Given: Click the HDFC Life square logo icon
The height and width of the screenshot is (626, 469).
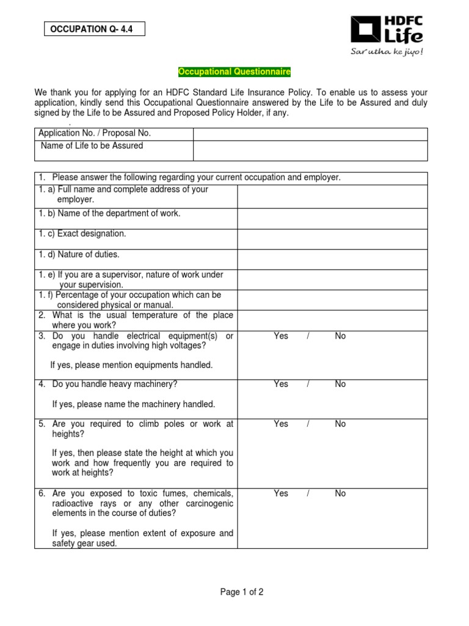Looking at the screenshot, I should pyautogui.click(x=365, y=31).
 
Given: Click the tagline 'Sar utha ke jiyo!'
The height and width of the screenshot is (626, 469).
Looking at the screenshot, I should pyautogui.click(x=386, y=51).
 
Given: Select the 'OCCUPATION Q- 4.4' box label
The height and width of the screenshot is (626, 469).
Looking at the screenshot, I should pyautogui.click(x=94, y=28).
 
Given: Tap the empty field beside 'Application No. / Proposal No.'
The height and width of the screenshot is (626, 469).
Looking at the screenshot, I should pyautogui.click(x=310, y=134).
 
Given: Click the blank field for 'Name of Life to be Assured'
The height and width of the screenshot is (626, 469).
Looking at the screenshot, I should pyautogui.click(x=310, y=150).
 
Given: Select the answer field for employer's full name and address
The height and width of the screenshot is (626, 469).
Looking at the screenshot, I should pyautogui.click(x=332, y=196).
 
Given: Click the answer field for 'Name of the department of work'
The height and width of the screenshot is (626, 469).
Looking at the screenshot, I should pyautogui.click(x=332, y=218).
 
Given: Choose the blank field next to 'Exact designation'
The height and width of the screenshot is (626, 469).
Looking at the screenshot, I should pyautogui.click(x=332, y=239).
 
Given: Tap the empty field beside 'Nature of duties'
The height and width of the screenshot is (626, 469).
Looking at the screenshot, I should pyautogui.click(x=332, y=259).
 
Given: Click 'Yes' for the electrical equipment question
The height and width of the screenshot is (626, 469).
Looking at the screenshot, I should pyautogui.click(x=281, y=336).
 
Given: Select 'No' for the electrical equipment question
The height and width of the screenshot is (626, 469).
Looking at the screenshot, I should pyautogui.click(x=340, y=336).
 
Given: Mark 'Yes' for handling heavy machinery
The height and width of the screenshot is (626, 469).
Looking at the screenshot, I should pyautogui.click(x=281, y=384).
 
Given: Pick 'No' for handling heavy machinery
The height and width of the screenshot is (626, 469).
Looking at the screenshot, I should pyautogui.click(x=340, y=384).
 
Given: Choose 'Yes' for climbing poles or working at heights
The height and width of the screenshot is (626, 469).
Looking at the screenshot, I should pyautogui.click(x=281, y=424).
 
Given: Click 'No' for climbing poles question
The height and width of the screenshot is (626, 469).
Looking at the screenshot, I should pyautogui.click(x=340, y=424).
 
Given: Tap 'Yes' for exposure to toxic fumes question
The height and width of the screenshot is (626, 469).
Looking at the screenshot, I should pyautogui.click(x=281, y=493).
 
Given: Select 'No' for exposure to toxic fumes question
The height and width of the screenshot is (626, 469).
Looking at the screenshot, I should pyautogui.click(x=340, y=493).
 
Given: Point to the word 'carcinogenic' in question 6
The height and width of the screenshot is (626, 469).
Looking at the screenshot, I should pyautogui.click(x=209, y=503).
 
